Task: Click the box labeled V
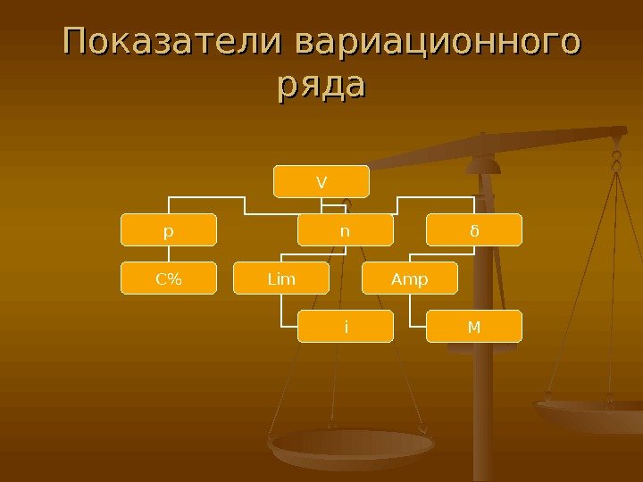[x=321, y=181]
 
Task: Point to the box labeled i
[x=345, y=326]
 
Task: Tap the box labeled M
[x=474, y=326]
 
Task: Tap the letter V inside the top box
[x=321, y=182]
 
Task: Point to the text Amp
[x=410, y=278]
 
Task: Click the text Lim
[x=281, y=278]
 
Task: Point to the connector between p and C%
[x=170, y=253]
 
